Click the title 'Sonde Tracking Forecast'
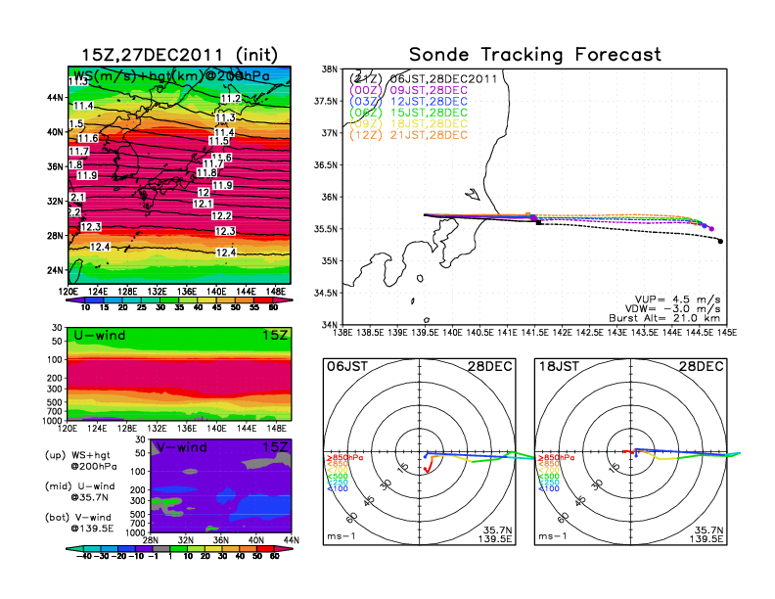click(534, 55)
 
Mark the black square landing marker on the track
click(539, 223)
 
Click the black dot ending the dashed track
click(720, 242)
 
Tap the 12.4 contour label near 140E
click(226, 253)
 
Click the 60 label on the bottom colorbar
click(274, 554)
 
